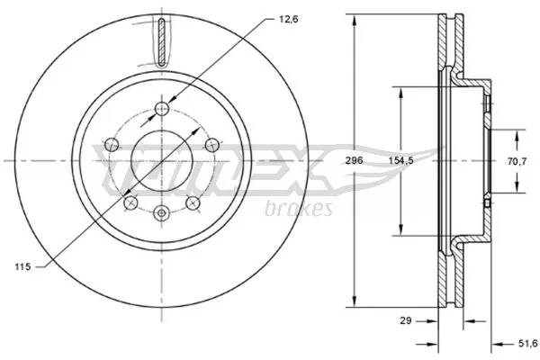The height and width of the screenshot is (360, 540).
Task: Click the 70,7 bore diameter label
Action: click(518, 162)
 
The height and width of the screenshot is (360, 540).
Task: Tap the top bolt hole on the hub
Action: click(161, 109)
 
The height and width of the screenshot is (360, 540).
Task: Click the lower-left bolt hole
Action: click(130, 202)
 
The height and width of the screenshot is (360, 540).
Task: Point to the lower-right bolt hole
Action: click(192, 202)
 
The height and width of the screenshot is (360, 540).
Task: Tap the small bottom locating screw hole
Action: click(161, 213)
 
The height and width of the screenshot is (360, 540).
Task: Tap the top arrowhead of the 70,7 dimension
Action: click(518, 132)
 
